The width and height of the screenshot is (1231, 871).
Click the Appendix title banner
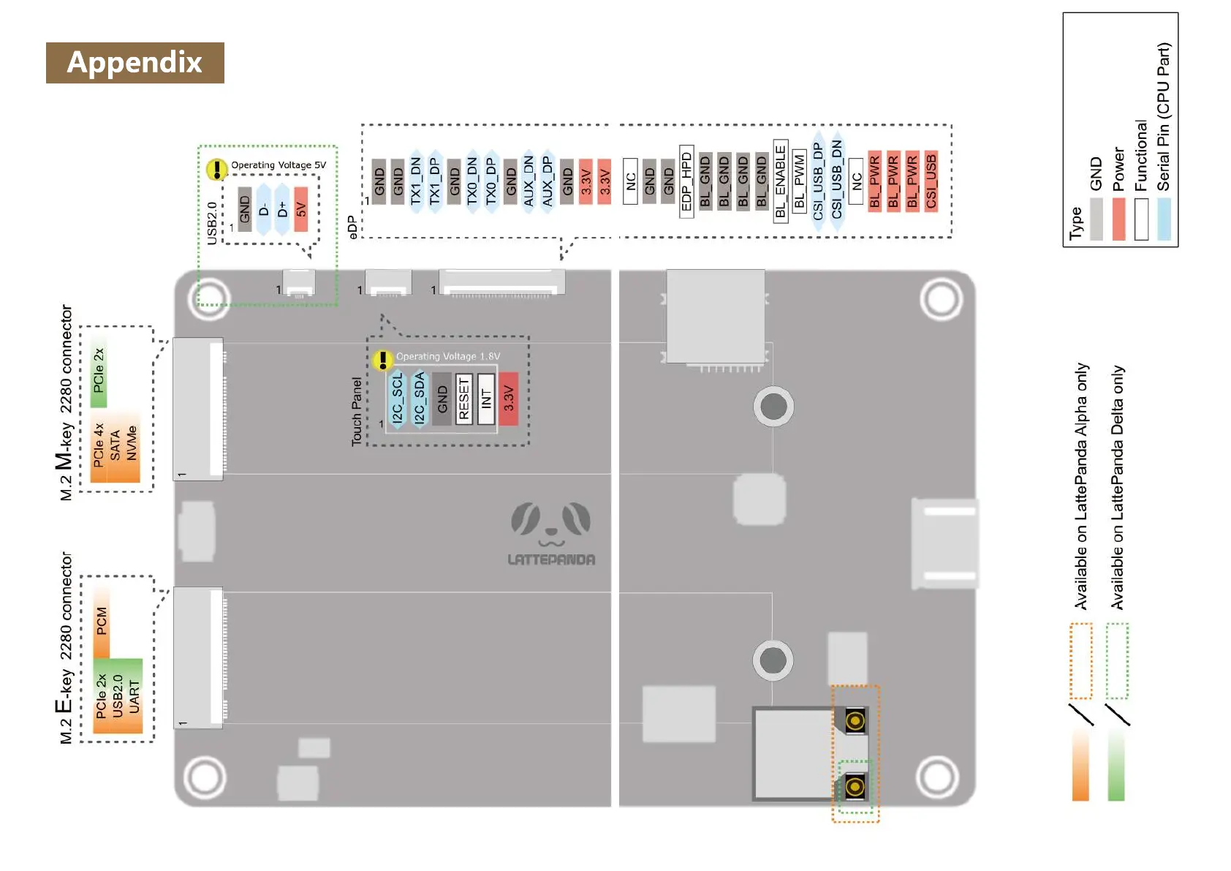coord(135,63)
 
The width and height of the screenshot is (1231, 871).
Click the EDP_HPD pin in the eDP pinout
coord(686,179)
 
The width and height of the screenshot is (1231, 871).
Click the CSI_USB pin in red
coord(931,181)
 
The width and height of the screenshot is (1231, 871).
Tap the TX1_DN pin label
coord(416,181)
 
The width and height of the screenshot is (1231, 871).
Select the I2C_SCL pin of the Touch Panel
coord(397,399)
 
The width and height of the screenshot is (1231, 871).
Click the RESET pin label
coord(463,399)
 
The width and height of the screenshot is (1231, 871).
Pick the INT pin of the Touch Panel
coord(486,399)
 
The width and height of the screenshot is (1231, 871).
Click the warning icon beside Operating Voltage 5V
coord(216,170)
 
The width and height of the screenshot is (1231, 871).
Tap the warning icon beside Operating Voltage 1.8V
coord(382,360)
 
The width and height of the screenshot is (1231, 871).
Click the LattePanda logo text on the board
coord(551,559)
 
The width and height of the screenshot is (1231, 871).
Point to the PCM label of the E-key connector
coord(102,621)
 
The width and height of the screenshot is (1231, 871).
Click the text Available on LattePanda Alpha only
coord(1081,486)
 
